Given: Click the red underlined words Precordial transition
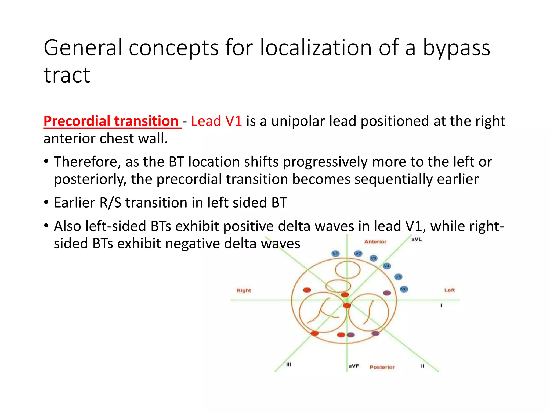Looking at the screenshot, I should pos(111,121).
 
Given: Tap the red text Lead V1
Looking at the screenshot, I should pos(216,121).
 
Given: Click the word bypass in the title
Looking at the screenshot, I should pos(457,48).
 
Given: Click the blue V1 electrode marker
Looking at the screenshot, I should pos(335,254).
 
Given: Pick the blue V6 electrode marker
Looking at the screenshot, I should pos(404,289).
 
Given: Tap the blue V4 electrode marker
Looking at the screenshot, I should pos(387,266).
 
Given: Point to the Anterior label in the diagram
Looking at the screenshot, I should pos(375,242).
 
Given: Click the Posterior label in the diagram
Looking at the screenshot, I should pos(382,367).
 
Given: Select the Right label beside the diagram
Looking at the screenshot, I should pos(244,290).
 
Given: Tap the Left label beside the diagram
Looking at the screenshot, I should pos(449,290).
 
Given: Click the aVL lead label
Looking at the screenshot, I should pos(417,239).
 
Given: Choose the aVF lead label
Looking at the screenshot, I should pos(354,366).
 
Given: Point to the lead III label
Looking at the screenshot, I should pos(288,365).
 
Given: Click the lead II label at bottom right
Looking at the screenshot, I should pos(422,366).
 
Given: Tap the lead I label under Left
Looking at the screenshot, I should pos(441,305).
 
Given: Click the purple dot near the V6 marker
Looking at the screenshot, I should pos(387,293).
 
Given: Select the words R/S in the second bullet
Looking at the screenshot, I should pos(110,203).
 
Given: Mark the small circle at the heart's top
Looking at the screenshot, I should pos(348,270).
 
